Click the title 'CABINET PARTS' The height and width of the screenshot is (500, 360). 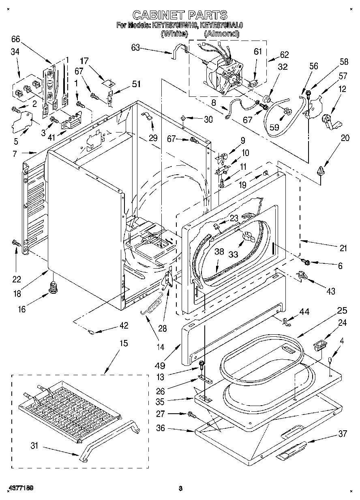[180, 15]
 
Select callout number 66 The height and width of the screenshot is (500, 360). [15, 39]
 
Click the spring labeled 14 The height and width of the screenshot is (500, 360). [153, 306]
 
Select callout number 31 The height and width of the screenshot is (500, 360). [34, 446]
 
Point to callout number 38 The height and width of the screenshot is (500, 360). [219, 251]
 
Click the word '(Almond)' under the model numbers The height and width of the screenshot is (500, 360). [221, 34]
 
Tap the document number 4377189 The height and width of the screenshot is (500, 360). [19, 487]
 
